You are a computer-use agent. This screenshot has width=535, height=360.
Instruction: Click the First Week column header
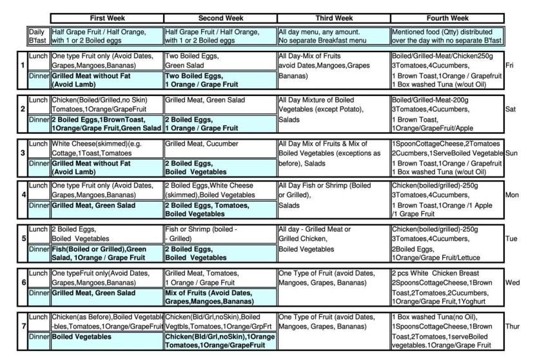tap(106, 17)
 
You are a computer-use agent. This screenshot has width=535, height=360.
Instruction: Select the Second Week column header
tap(220, 17)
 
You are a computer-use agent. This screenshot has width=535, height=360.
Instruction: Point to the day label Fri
tap(510, 65)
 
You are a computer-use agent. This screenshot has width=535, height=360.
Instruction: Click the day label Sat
tap(511, 109)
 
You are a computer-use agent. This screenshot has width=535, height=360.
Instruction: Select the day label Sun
tap(512, 153)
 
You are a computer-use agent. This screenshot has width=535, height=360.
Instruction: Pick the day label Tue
tap(511, 238)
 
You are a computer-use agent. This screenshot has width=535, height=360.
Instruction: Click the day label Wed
tap(512, 282)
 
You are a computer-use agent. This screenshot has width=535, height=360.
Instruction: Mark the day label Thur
tap(512, 327)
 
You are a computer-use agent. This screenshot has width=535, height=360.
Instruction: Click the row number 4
tap(23, 194)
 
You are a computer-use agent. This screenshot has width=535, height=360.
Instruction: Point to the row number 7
tap(23, 327)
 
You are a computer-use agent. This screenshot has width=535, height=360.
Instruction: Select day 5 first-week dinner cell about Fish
tap(106, 253)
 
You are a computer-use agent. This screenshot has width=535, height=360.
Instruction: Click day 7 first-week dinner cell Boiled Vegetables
tap(106, 337)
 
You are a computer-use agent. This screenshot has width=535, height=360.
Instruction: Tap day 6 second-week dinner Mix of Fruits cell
tap(220, 297)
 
